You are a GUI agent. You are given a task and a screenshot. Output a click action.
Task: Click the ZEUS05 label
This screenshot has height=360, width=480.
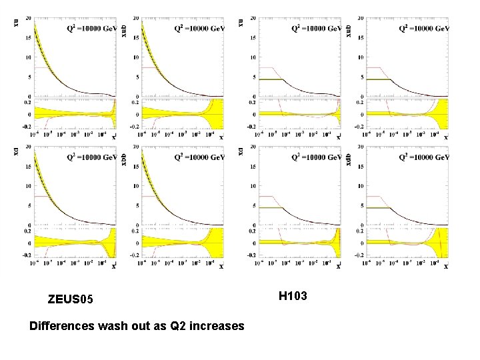(x=76, y=301)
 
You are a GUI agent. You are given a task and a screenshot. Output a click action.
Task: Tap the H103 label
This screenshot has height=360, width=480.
(x=293, y=295)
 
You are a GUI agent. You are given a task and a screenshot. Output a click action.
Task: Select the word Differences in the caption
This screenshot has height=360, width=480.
(x=63, y=326)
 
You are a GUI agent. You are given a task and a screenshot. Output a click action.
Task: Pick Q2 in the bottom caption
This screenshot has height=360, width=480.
(x=169, y=326)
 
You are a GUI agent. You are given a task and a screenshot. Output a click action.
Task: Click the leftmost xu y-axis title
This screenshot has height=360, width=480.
(x=16, y=22)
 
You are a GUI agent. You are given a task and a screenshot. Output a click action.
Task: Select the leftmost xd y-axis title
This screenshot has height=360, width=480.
(x=16, y=152)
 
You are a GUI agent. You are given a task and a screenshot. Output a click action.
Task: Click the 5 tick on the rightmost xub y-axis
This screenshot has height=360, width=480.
(x=360, y=77)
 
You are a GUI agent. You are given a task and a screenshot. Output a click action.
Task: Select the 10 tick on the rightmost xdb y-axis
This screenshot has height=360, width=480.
(x=359, y=186)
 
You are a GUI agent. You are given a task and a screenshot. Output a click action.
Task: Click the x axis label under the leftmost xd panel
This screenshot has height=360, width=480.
(x=113, y=267)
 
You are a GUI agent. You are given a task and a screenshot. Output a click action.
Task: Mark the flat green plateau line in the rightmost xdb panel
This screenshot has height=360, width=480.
(x=377, y=208)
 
